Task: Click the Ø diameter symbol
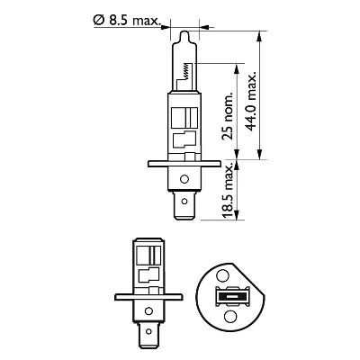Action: [97, 19]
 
